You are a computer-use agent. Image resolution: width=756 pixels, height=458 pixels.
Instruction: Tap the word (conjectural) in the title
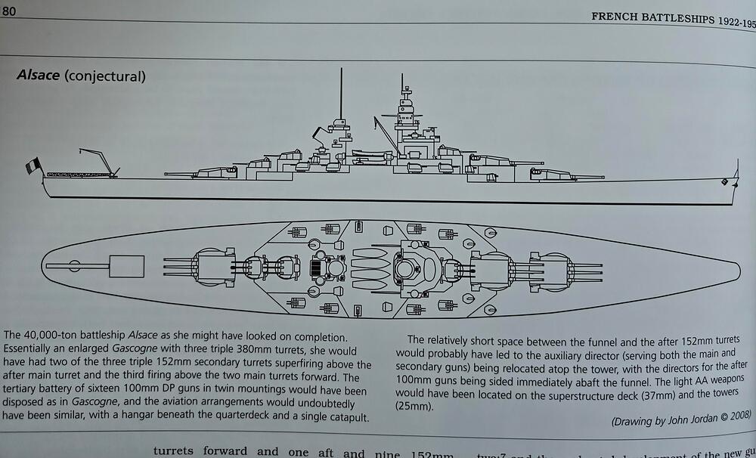pyautogui.click(x=107, y=76)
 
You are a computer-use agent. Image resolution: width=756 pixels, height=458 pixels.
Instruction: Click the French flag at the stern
pyautogui.click(x=33, y=166)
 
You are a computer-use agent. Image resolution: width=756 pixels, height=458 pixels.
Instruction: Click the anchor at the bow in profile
pyautogui.click(x=725, y=182)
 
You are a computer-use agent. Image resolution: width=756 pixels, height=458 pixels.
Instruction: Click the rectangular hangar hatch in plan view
pyautogui.click(x=126, y=265)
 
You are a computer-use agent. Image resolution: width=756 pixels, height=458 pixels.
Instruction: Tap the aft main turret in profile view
pyautogui.click(x=206, y=172)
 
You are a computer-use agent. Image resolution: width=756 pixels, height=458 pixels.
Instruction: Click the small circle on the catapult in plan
pyautogui.click(x=74, y=265)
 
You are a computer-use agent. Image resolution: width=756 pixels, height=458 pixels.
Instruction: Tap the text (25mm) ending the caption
pyautogui.click(x=416, y=406)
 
